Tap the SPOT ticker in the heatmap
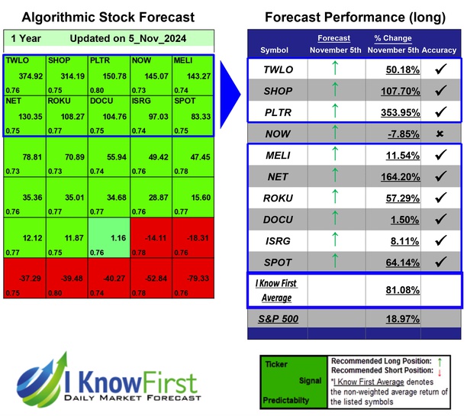[192, 114]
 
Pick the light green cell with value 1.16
[108, 237]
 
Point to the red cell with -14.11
[150, 237]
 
